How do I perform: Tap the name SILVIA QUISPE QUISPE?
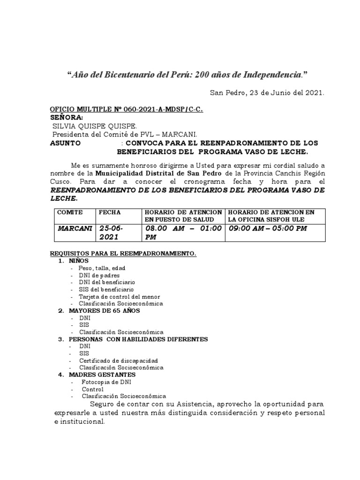coord(94,126)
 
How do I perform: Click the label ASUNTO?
coord(65,142)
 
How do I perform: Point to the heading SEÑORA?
coord(67,117)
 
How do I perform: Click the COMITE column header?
coord(70,212)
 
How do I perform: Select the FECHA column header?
coord(109,212)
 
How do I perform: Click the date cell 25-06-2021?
coord(113,232)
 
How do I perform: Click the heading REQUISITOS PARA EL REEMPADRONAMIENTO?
coord(123,254)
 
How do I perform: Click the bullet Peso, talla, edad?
coord(102,268)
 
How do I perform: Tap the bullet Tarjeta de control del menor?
coord(119,297)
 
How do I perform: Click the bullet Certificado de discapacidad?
coord(118,360)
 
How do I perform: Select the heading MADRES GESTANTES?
coord(102,375)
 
